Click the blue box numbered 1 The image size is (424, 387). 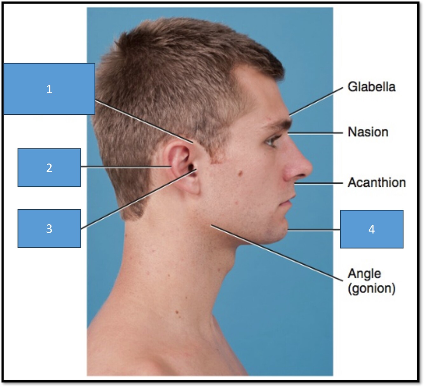click(x=49, y=89)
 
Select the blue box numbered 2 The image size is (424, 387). click(x=49, y=167)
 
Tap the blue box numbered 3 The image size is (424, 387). click(x=49, y=228)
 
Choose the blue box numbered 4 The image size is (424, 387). click(x=372, y=229)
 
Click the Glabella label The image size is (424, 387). click(x=371, y=87)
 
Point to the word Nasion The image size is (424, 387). click(x=368, y=132)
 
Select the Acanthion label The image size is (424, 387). click(x=377, y=182)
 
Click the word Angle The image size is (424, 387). click(x=364, y=274)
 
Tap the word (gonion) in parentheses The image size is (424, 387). click(x=371, y=289)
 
